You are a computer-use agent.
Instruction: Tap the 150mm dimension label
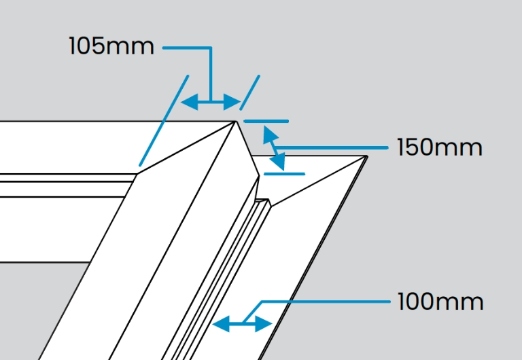point(439,147)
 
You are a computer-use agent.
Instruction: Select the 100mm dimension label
point(440,301)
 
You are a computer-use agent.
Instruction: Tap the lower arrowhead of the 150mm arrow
point(280,163)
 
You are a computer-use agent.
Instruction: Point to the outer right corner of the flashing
point(366,157)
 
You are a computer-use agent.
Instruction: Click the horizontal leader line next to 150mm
point(333,147)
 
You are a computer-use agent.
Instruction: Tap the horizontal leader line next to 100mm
point(326,301)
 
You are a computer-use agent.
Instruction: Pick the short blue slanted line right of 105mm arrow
point(250,92)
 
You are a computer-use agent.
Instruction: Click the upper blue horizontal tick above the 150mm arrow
point(266,122)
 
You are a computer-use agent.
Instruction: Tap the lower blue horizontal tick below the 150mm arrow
point(284,174)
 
